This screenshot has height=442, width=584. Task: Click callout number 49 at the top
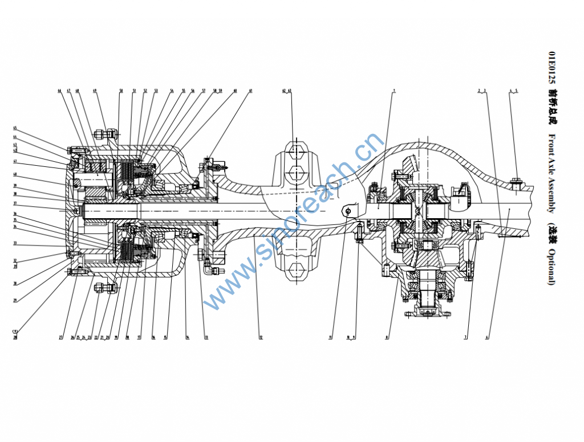(95, 91)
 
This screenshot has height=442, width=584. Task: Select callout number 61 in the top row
(250, 91)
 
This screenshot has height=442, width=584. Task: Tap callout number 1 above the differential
(394, 91)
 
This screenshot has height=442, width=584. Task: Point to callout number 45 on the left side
(15, 128)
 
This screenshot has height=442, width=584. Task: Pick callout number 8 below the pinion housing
(387, 338)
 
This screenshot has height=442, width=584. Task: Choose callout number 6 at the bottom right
(487, 338)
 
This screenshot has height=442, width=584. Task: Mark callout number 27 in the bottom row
(60, 338)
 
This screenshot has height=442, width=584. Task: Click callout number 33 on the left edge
(15, 244)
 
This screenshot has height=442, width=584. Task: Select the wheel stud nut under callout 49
(99, 135)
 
